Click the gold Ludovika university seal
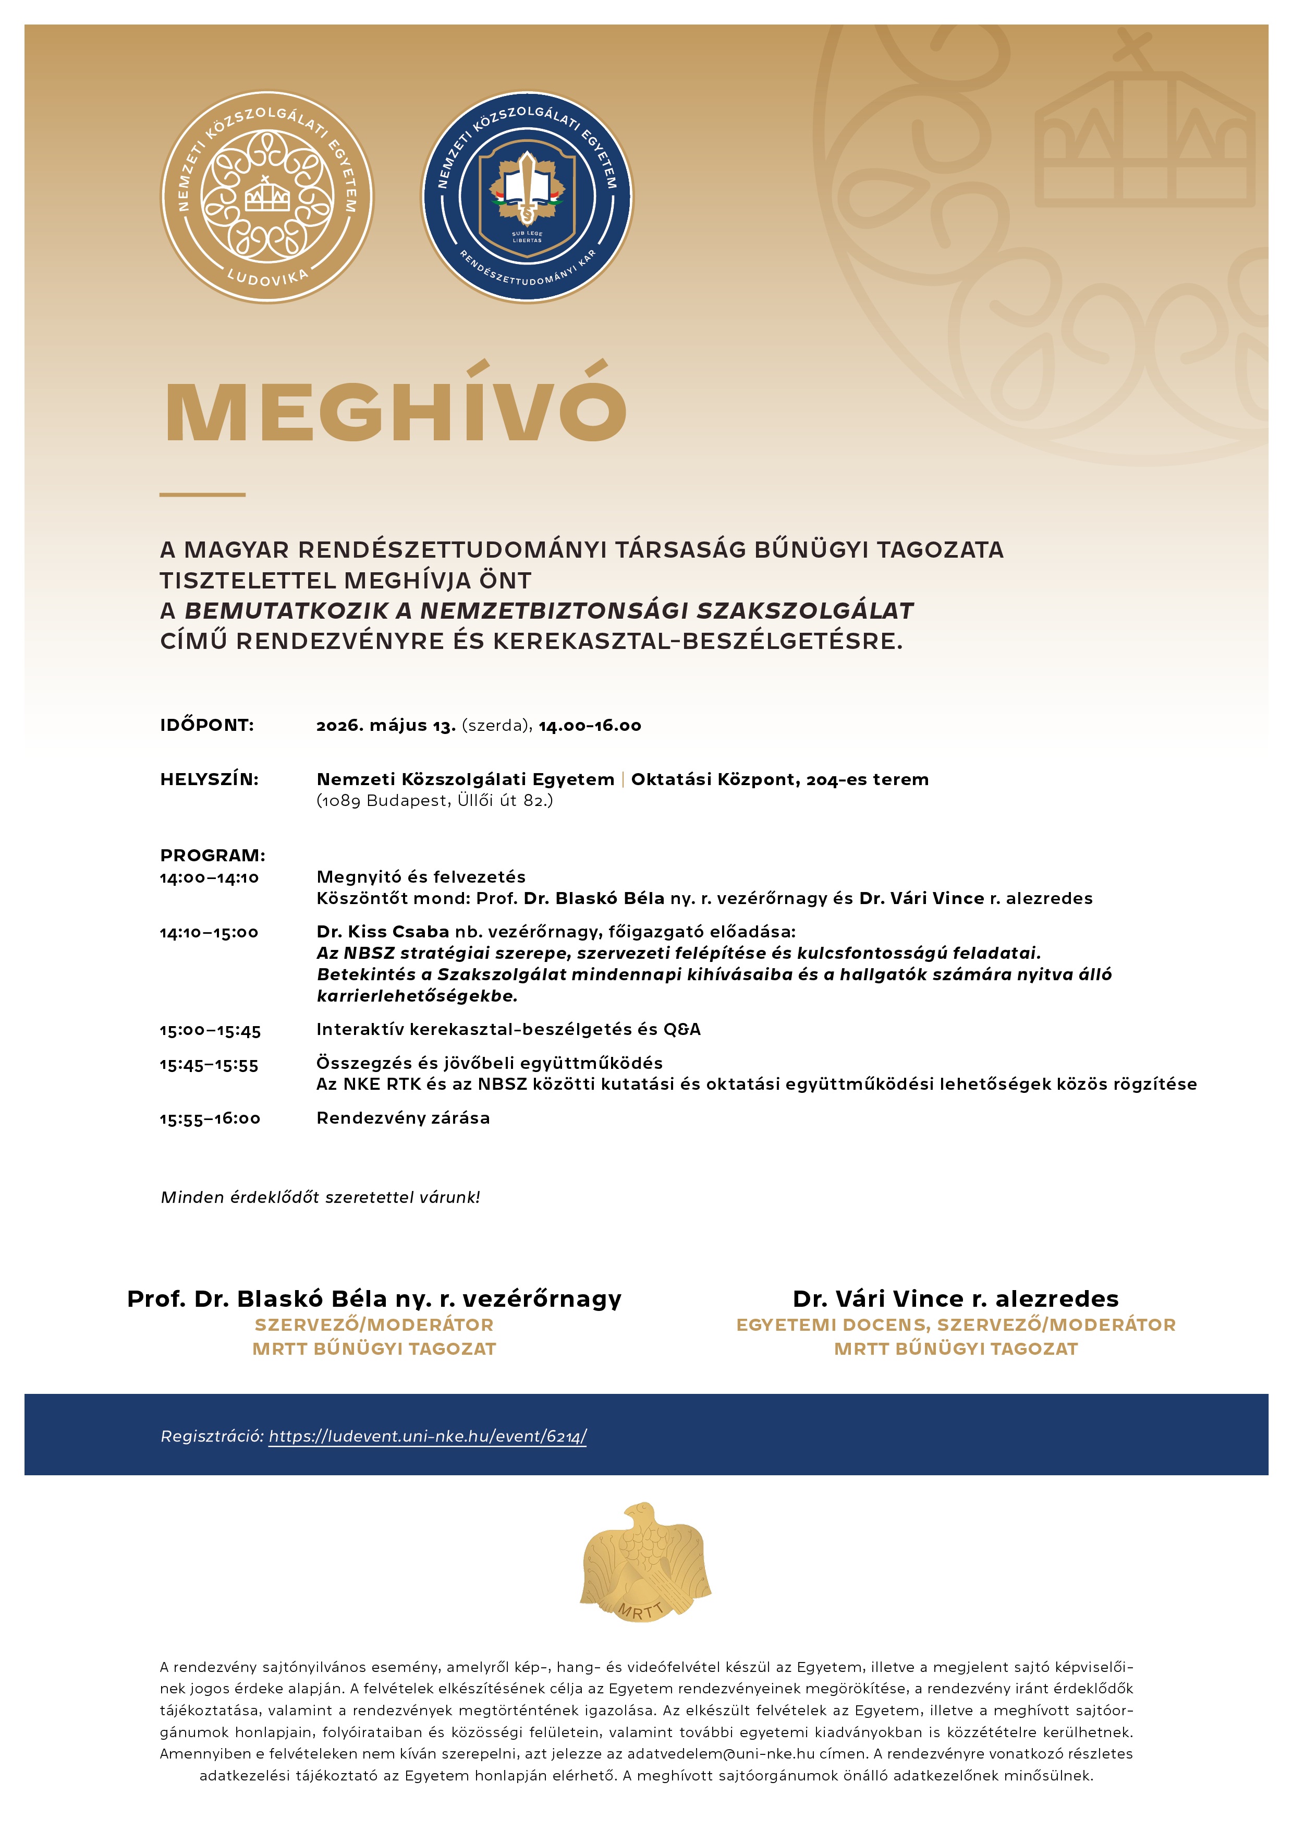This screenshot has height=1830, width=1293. pyautogui.click(x=267, y=197)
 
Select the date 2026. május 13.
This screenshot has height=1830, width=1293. pyautogui.click(x=386, y=725)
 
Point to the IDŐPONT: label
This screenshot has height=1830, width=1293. pyautogui.click(x=207, y=725)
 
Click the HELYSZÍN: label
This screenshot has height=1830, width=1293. pyautogui.click(x=210, y=779)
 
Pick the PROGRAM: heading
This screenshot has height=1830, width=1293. pyautogui.click(x=213, y=855)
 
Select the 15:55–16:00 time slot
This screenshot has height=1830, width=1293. pyautogui.click(x=210, y=1119)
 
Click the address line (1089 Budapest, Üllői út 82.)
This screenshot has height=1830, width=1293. pyautogui.click(x=434, y=800)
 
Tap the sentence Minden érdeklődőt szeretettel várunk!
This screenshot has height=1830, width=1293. pyautogui.click(x=320, y=1197)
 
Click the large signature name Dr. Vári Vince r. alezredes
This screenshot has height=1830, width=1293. pyautogui.click(x=955, y=1299)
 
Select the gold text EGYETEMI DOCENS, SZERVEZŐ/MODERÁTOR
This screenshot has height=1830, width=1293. pyautogui.click(x=955, y=1325)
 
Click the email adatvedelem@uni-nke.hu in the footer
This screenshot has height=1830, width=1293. pyautogui.click(x=720, y=1753)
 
